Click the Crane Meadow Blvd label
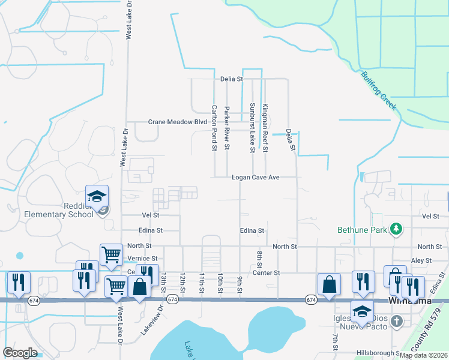[177, 122]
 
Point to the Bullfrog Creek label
[379, 91]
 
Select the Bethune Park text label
[360, 229]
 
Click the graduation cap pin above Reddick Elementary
[96, 196]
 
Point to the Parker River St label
[227, 127]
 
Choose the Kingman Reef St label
[265, 127]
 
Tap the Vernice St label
[142, 259]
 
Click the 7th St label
[335, 338]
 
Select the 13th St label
[163, 282]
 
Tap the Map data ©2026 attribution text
[423, 355]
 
